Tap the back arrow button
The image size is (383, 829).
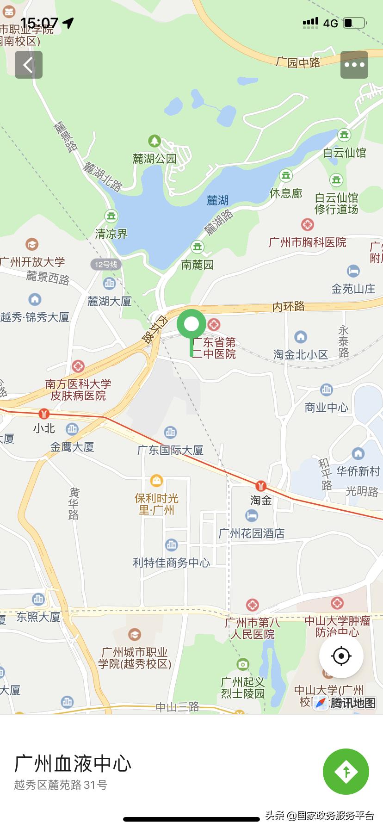pos(29,65)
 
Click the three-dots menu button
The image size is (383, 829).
pos(354,65)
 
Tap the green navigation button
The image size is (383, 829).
pos(346,771)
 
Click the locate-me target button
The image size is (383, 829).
pos(341,656)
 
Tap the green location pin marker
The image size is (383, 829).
pos(191,324)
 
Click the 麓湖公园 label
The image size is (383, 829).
pos(154,159)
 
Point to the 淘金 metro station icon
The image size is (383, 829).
pos(261,486)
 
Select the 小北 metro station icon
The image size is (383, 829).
pos(44,414)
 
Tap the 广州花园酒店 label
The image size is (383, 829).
pos(252,533)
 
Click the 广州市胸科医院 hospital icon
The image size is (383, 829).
pos(308,225)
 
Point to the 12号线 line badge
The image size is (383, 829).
pos(106,265)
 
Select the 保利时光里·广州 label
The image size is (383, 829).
pos(156,504)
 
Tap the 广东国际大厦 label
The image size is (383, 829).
pos(170,450)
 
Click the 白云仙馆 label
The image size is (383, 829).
pos(345,153)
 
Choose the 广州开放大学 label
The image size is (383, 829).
pos(32,262)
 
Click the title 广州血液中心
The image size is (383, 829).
pos(73,764)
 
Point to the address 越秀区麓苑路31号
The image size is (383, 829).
pos(61,785)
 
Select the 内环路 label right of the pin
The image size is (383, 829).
pos(289,306)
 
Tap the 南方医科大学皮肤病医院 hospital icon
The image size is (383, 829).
pos(78,366)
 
